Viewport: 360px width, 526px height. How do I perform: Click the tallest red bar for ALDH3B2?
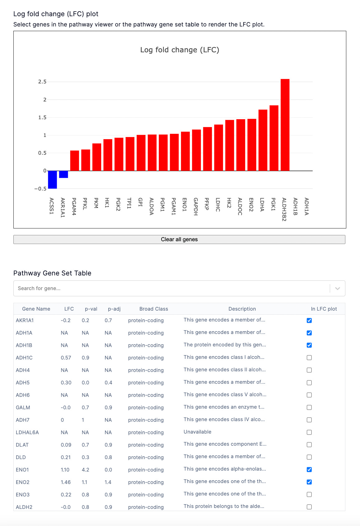(x=285, y=124)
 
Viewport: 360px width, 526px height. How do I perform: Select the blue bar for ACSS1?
(x=52, y=180)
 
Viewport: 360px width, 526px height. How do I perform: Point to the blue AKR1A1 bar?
(x=64, y=174)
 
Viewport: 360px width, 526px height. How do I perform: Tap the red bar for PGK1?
(x=274, y=138)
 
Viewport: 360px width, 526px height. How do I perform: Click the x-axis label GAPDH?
(x=196, y=206)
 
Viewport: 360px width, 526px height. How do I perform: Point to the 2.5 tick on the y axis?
(x=42, y=82)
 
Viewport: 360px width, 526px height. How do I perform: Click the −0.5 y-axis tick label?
(x=40, y=189)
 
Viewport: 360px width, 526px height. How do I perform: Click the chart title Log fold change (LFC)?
(x=180, y=50)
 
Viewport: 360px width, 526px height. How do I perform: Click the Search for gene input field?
(x=171, y=289)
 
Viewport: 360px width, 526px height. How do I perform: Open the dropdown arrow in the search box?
(x=337, y=289)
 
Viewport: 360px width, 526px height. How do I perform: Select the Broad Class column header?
(x=154, y=309)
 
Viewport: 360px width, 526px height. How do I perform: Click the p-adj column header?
(x=114, y=309)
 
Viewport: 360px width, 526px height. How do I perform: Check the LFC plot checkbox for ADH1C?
(x=309, y=358)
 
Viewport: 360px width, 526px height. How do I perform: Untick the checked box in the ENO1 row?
(x=309, y=470)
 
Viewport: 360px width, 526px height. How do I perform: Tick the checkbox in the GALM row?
(x=309, y=407)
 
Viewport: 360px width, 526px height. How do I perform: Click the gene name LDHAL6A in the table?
(x=27, y=432)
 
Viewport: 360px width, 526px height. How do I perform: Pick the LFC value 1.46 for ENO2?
(x=66, y=482)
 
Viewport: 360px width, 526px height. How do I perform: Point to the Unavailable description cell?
(x=197, y=432)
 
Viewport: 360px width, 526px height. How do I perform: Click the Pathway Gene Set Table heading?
(x=52, y=273)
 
